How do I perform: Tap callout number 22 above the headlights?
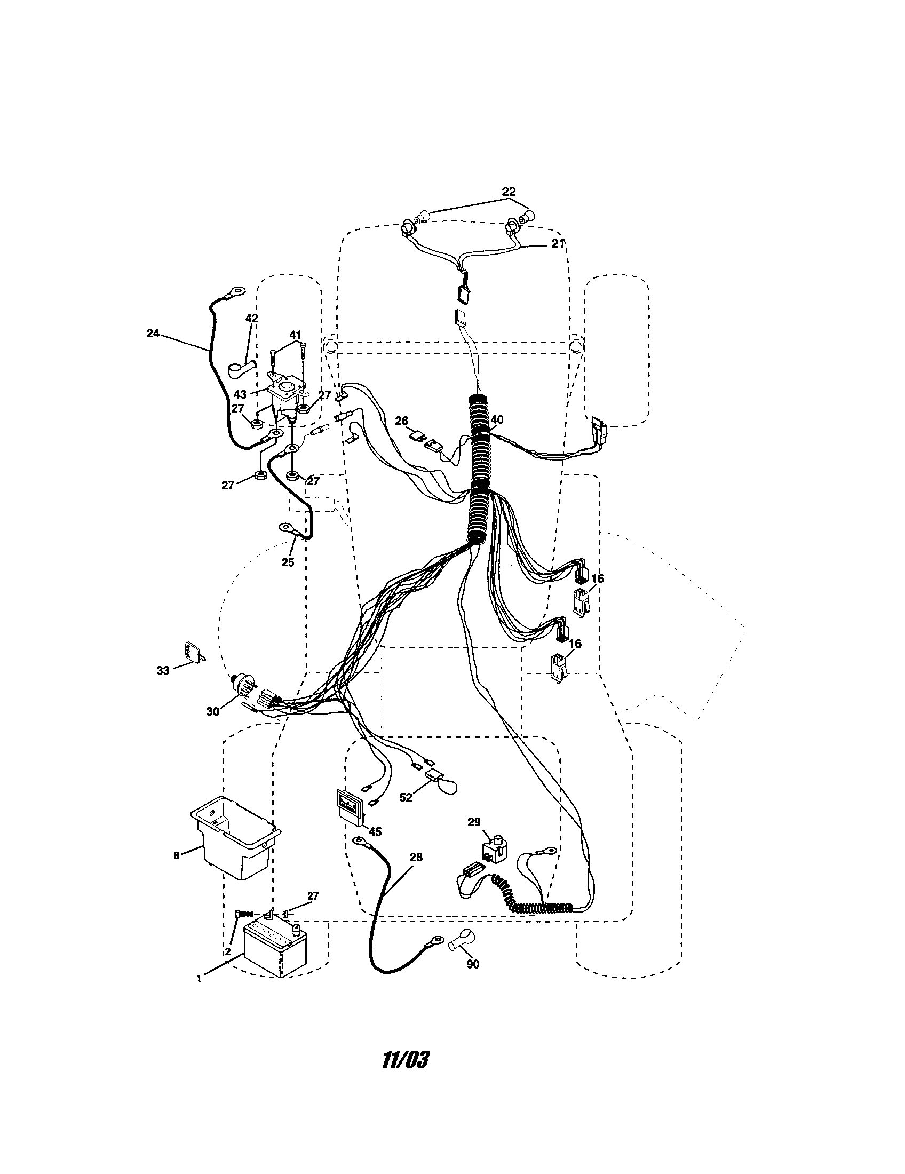pos(509,192)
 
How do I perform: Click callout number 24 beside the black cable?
pos(153,334)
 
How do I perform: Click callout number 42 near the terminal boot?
pos(251,318)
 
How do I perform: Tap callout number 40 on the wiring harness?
pos(497,419)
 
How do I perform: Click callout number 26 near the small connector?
pos(401,421)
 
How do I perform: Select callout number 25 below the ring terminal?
pos(288,562)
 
